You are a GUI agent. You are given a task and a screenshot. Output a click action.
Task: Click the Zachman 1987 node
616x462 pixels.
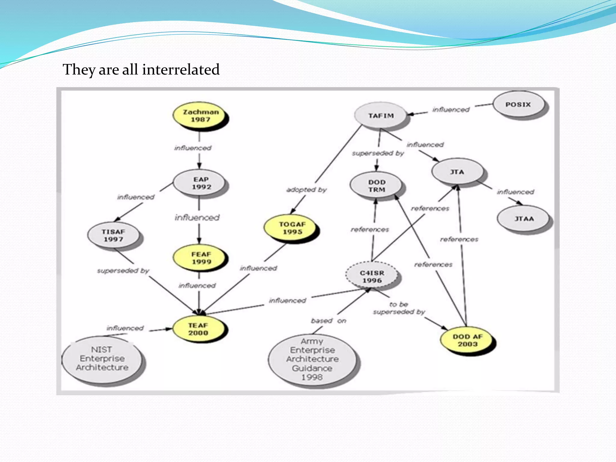(x=201, y=116)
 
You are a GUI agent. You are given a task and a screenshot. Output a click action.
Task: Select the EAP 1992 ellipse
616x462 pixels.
(x=201, y=183)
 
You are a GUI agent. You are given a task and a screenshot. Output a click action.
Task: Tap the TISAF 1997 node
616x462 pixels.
(x=113, y=236)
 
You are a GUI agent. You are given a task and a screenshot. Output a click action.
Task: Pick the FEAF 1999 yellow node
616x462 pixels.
(x=201, y=258)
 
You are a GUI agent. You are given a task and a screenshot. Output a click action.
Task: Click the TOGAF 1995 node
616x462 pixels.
(x=292, y=228)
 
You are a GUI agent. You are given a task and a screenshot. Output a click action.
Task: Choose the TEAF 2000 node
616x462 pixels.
(x=199, y=329)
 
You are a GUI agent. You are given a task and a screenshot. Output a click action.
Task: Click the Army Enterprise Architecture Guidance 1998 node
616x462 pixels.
(x=312, y=359)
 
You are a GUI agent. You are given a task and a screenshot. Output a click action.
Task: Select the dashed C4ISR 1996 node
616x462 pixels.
(x=372, y=276)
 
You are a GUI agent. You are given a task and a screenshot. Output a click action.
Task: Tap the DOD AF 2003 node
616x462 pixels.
(x=467, y=340)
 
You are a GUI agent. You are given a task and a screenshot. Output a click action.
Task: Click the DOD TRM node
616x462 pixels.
(x=377, y=186)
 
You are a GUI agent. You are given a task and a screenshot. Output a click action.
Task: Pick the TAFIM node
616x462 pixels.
(x=381, y=116)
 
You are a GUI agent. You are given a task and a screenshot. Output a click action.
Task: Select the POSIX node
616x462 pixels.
(x=518, y=105)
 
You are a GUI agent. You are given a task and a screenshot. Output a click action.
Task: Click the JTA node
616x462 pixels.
(x=457, y=172)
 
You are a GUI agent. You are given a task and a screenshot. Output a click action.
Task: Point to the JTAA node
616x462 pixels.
(x=524, y=219)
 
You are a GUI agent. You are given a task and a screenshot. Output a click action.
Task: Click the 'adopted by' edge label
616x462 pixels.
(x=306, y=190)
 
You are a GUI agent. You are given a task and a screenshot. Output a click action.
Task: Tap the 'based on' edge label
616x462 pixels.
(x=328, y=321)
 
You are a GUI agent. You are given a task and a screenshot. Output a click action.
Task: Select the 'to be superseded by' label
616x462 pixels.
(x=399, y=308)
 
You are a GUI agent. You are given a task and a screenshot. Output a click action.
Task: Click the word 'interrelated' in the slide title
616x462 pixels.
(x=181, y=69)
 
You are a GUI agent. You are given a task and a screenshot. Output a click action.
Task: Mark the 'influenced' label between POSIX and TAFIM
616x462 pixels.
(x=451, y=110)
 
